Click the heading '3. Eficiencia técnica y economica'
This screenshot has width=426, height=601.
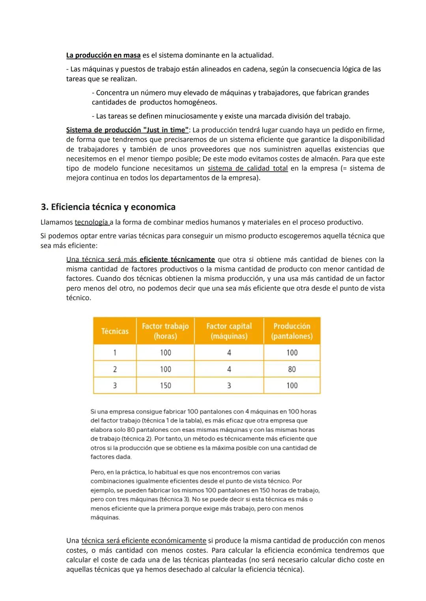pos(108,207)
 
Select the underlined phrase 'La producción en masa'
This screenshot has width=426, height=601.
pos(103,55)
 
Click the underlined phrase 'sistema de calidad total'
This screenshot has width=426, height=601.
pos(248,168)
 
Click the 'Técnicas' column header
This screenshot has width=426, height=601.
pos(115,331)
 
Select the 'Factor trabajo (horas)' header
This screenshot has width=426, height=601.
pos(165,331)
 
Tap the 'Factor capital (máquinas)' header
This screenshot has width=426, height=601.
pos(229,331)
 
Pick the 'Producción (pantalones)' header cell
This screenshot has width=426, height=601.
pos(292,331)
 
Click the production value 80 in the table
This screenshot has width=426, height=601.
pos(292,369)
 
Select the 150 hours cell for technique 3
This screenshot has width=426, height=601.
pos(165,385)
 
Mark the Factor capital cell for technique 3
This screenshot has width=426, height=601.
pos(229,385)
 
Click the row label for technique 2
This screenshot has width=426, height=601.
pos(115,369)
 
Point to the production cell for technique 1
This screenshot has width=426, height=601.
pos(292,353)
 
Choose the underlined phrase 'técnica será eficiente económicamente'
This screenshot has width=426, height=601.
pos(144,541)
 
